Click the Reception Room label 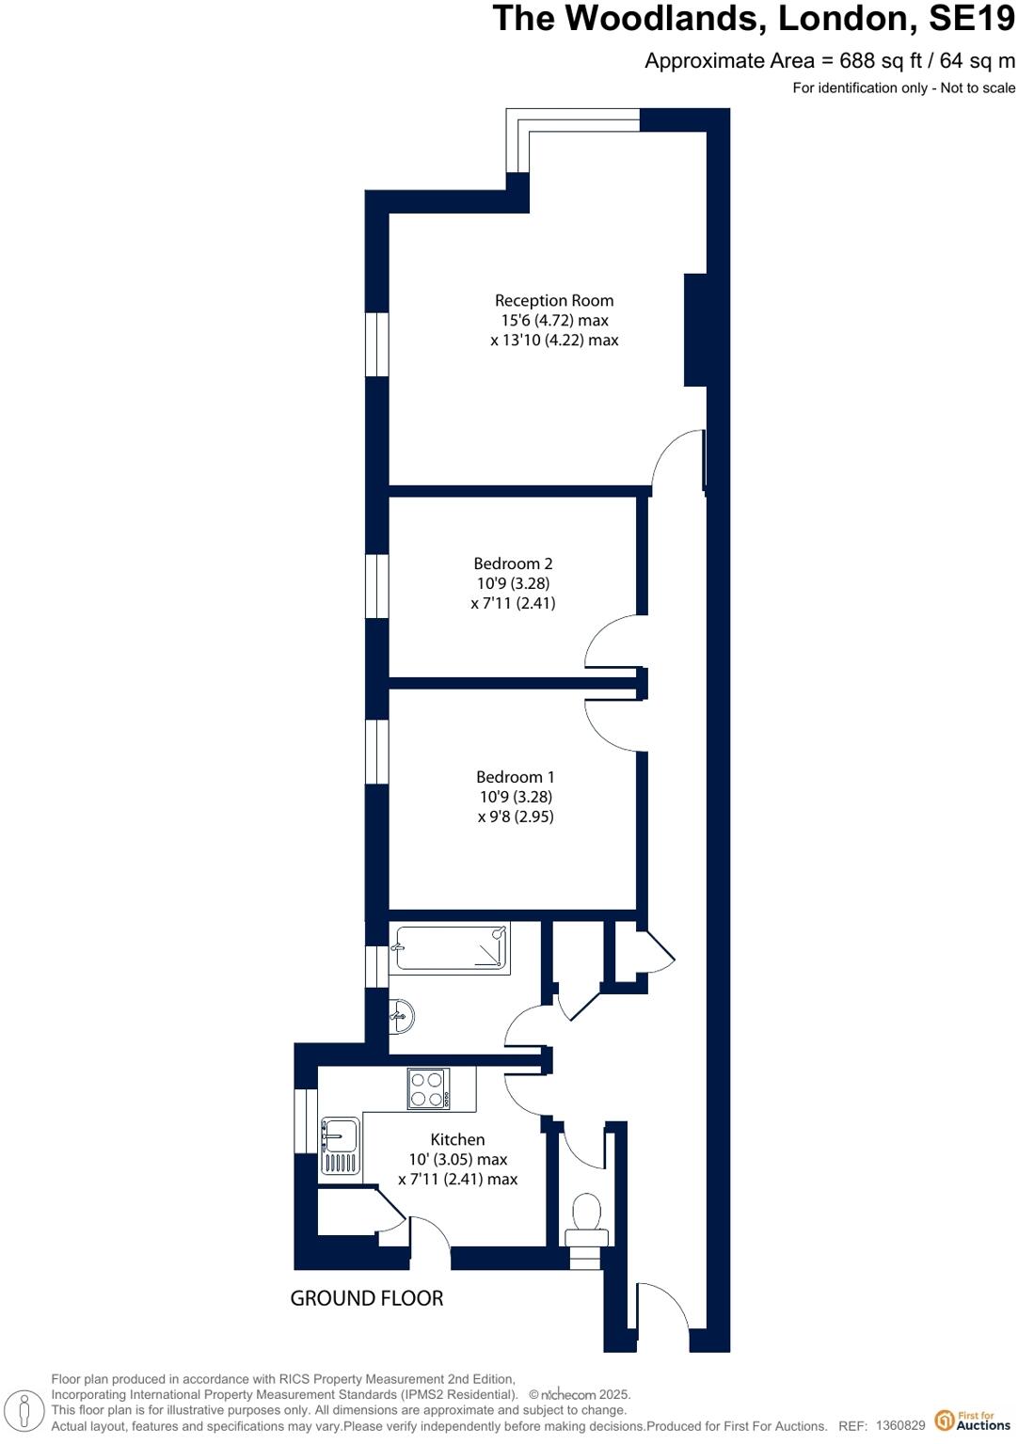tap(554, 301)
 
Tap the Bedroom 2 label tap(513, 563)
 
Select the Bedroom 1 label tap(515, 777)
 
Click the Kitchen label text tap(457, 1139)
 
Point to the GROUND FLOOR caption tap(366, 1298)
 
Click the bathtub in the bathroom tap(451, 948)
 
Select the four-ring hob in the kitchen tap(428, 1089)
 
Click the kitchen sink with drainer tap(340, 1147)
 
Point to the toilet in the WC tap(587, 1214)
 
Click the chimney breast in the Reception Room tap(695, 329)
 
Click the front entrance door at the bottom tap(664, 1307)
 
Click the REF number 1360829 tap(900, 1426)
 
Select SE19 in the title tap(971, 19)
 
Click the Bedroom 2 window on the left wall tap(376, 585)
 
